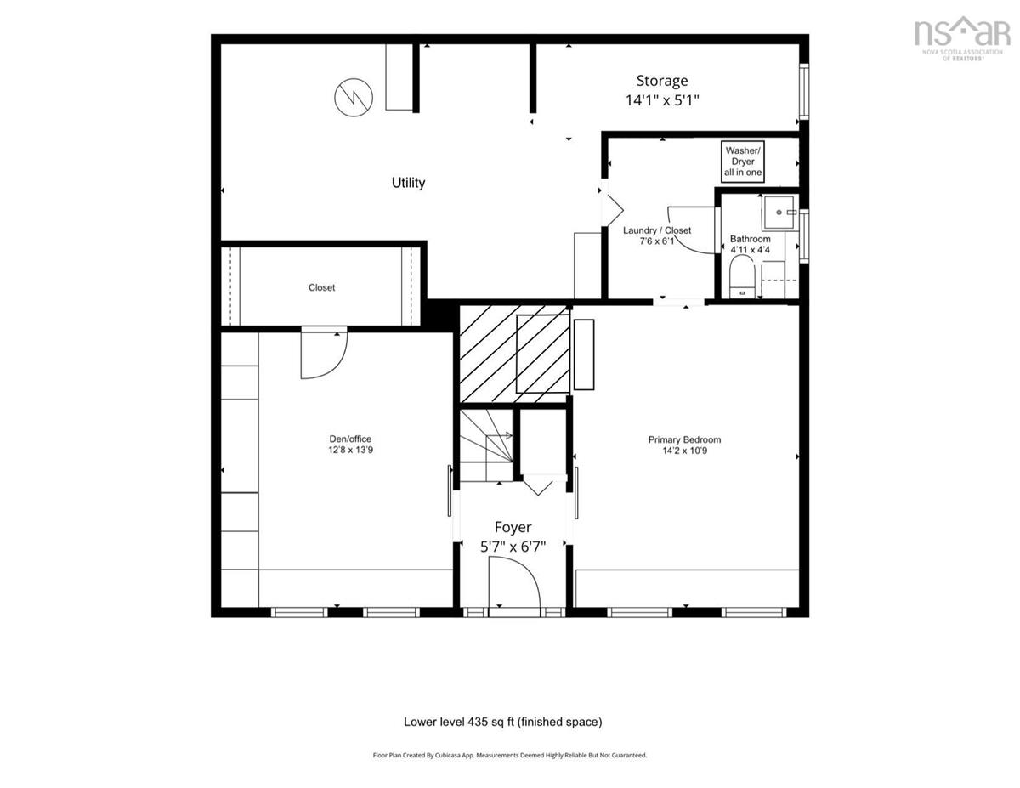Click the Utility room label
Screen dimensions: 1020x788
(408, 183)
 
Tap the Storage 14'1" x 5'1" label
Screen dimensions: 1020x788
(662, 90)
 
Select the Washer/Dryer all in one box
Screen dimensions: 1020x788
(743, 162)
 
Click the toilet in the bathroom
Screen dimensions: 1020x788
(742, 276)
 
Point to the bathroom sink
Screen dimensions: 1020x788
(779, 213)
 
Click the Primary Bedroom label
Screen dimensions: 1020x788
(684, 445)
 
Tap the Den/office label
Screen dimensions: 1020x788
(350, 445)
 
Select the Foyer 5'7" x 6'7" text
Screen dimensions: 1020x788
(513, 536)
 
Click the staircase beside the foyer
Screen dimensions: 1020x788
(486, 445)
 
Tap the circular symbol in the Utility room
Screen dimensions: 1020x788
(354, 98)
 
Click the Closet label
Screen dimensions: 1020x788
(321, 287)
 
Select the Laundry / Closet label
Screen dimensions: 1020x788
(657, 235)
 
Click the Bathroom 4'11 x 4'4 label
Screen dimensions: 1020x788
(750, 244)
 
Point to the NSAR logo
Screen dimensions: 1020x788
(962, 38)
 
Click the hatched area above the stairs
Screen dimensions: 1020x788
(514, 354)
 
